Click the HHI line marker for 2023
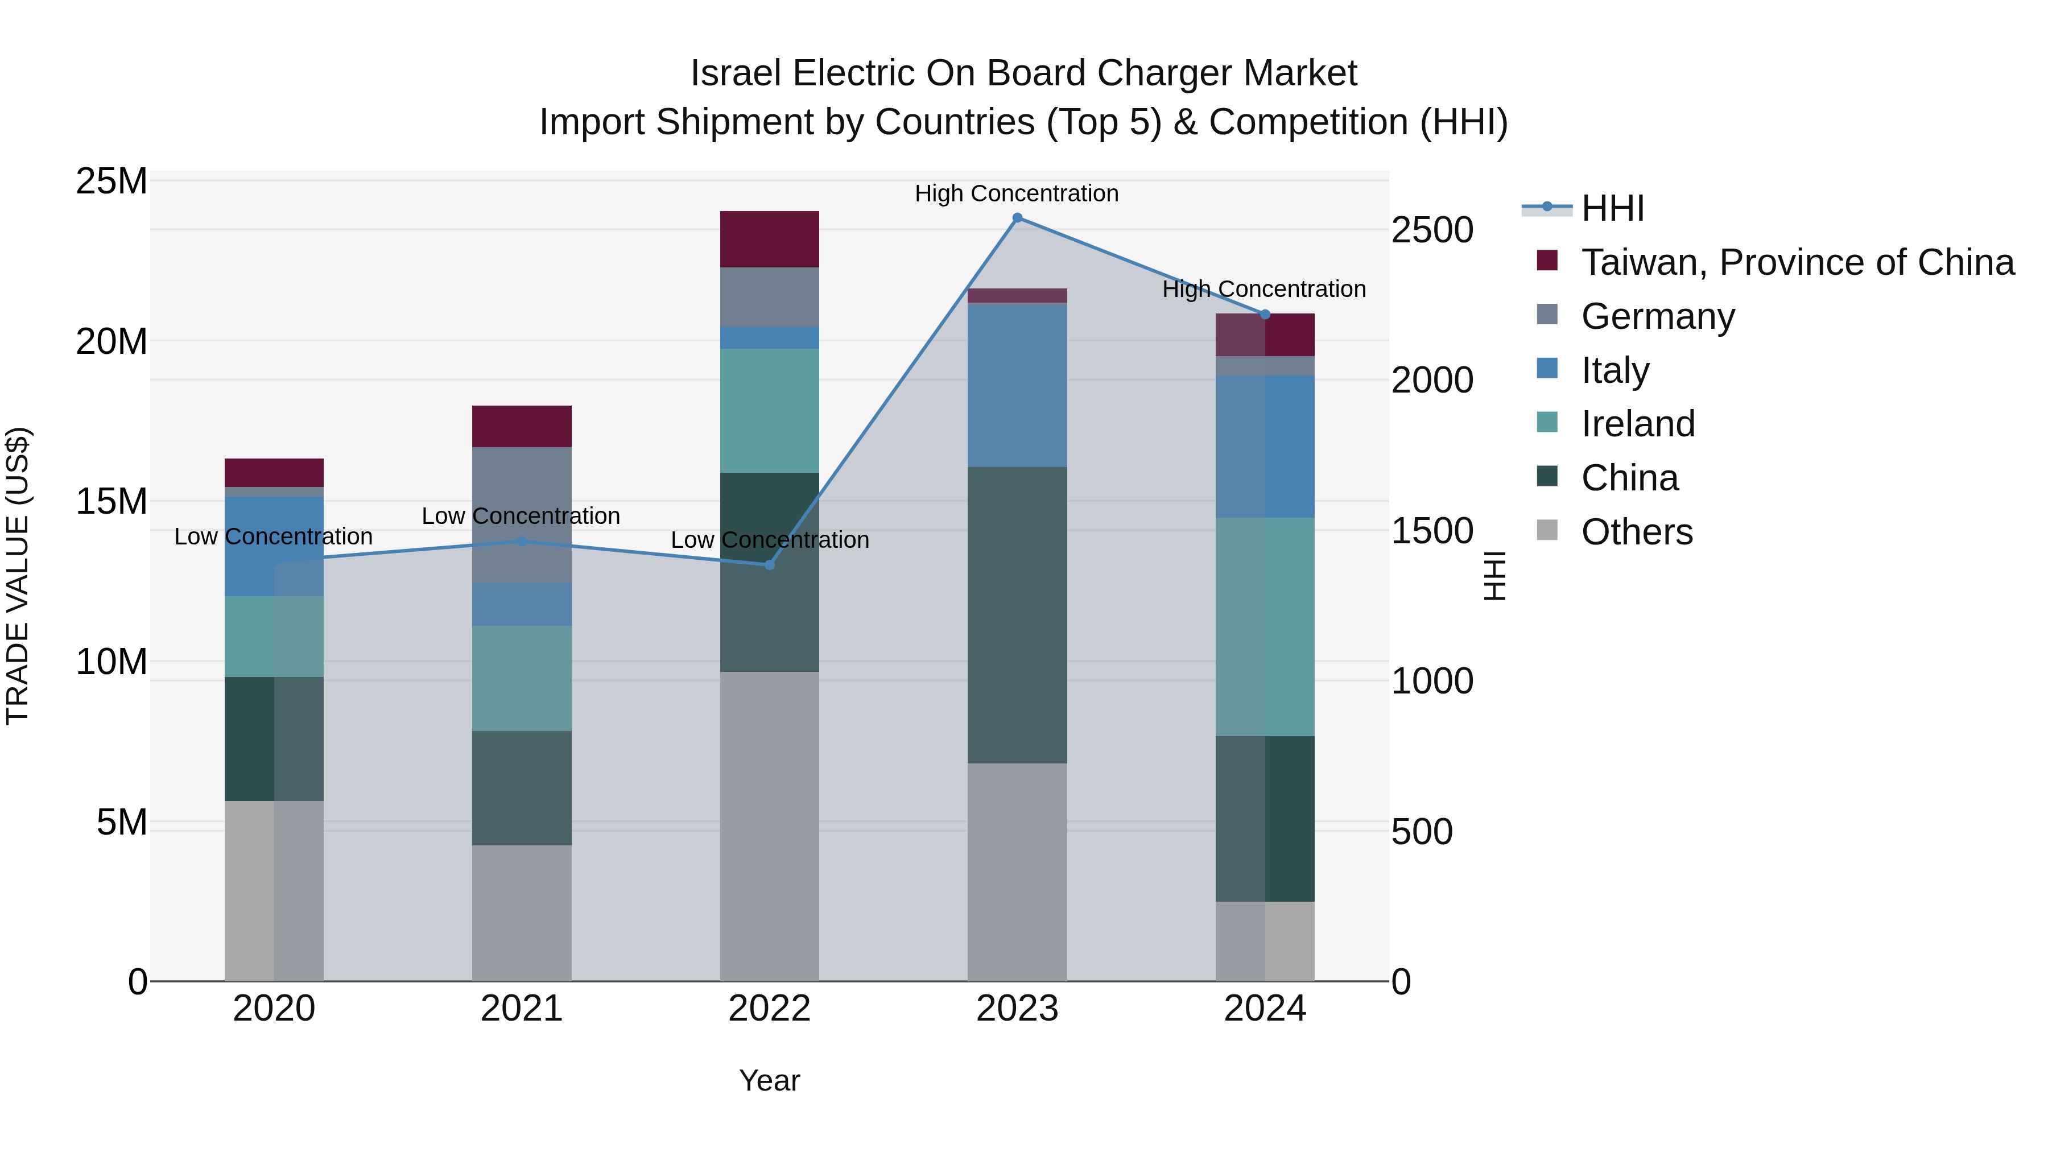[1017, 218]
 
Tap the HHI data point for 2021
[522, 542]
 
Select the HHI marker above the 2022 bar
[769, 564]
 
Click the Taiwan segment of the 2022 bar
[769, 240]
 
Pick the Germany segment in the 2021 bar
[522, 514]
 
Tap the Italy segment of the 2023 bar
[1017, 385]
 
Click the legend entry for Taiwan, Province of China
[1797, 262]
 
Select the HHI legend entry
[1612, 208]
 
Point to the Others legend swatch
[1547, 531]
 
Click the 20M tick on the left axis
[112, 342]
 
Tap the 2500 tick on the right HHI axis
[1432, 230]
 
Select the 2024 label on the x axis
[1264, 1009]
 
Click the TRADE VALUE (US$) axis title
[18, 576]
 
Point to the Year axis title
[769, 1080]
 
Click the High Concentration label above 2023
[1016, 193]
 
